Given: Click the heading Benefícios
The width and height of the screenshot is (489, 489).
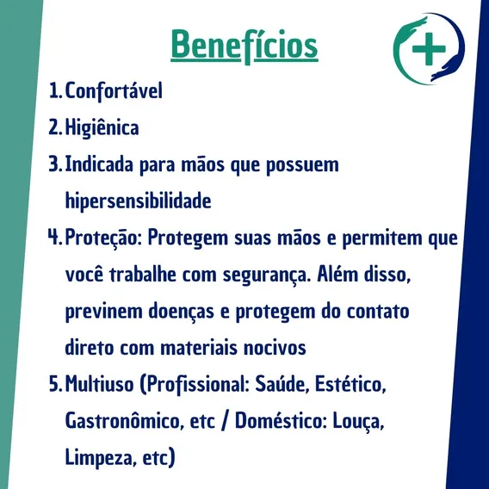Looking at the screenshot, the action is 244,46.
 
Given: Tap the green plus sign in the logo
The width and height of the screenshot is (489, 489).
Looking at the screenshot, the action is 429,49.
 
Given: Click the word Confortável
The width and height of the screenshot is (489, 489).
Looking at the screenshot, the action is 114,90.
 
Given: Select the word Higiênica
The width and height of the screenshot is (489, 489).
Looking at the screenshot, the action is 102,128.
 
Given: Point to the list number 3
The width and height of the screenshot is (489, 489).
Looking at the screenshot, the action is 55,164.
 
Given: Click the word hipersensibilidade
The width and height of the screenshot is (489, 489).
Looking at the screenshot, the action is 138,201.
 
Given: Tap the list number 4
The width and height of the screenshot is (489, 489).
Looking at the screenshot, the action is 54,237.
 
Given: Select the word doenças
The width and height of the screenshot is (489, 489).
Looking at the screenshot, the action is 181,312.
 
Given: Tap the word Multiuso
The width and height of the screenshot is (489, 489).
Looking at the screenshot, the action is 100,384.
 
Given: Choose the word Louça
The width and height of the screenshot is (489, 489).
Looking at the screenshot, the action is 358,421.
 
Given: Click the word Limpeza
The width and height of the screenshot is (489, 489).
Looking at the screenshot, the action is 101,458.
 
